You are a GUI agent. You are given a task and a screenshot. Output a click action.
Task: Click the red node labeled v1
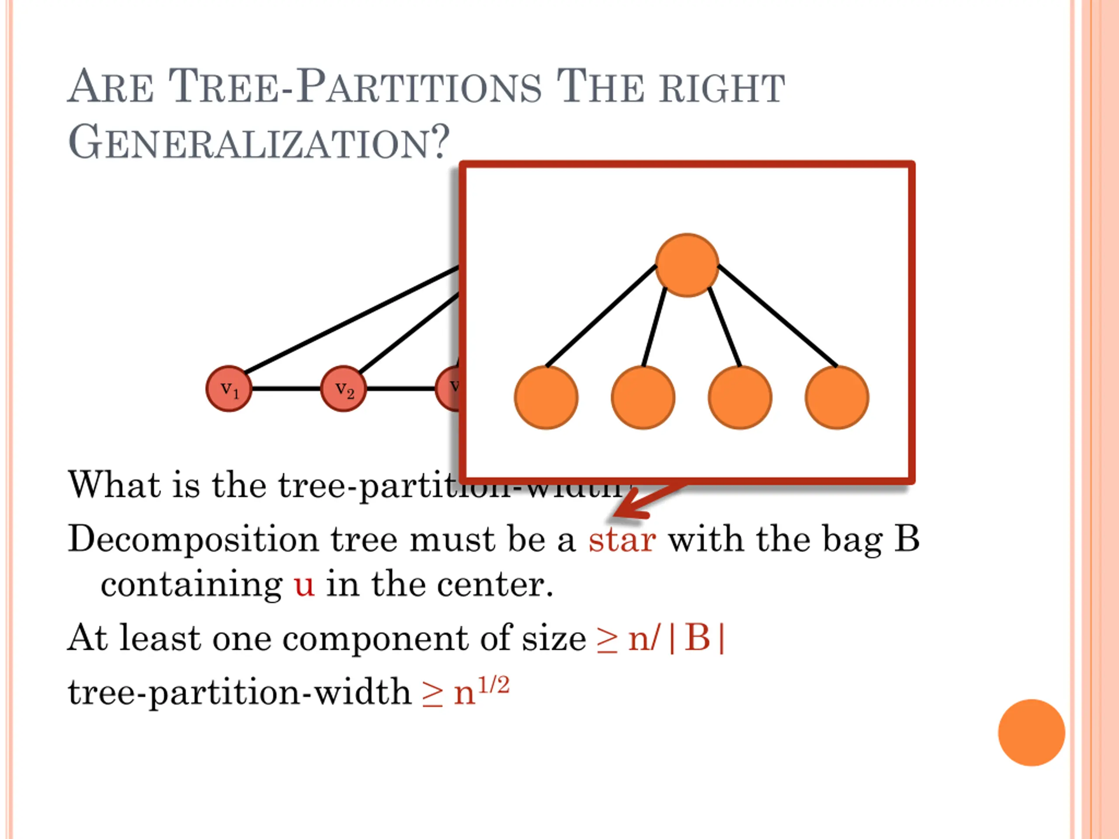pos(229,388)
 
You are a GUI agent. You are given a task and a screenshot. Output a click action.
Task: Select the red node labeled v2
pos(343,388)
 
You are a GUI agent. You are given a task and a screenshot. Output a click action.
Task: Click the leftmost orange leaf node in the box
pos(546,398)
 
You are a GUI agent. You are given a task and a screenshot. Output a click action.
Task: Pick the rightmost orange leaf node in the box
pos(837,398)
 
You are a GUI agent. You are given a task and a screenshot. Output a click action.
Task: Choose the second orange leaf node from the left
pos(643,398)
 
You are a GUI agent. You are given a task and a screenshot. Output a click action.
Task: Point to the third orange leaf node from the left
pos(740,398)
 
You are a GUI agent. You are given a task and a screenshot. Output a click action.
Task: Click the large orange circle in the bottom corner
pos(1032,732)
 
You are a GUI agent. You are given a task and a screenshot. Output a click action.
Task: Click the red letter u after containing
pos(304,585)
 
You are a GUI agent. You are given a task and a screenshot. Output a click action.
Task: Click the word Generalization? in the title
pos(258,142)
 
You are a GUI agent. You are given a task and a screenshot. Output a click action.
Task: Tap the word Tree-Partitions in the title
pos(354,87)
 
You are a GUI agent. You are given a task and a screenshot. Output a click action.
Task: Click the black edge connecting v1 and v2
pos(286,388)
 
